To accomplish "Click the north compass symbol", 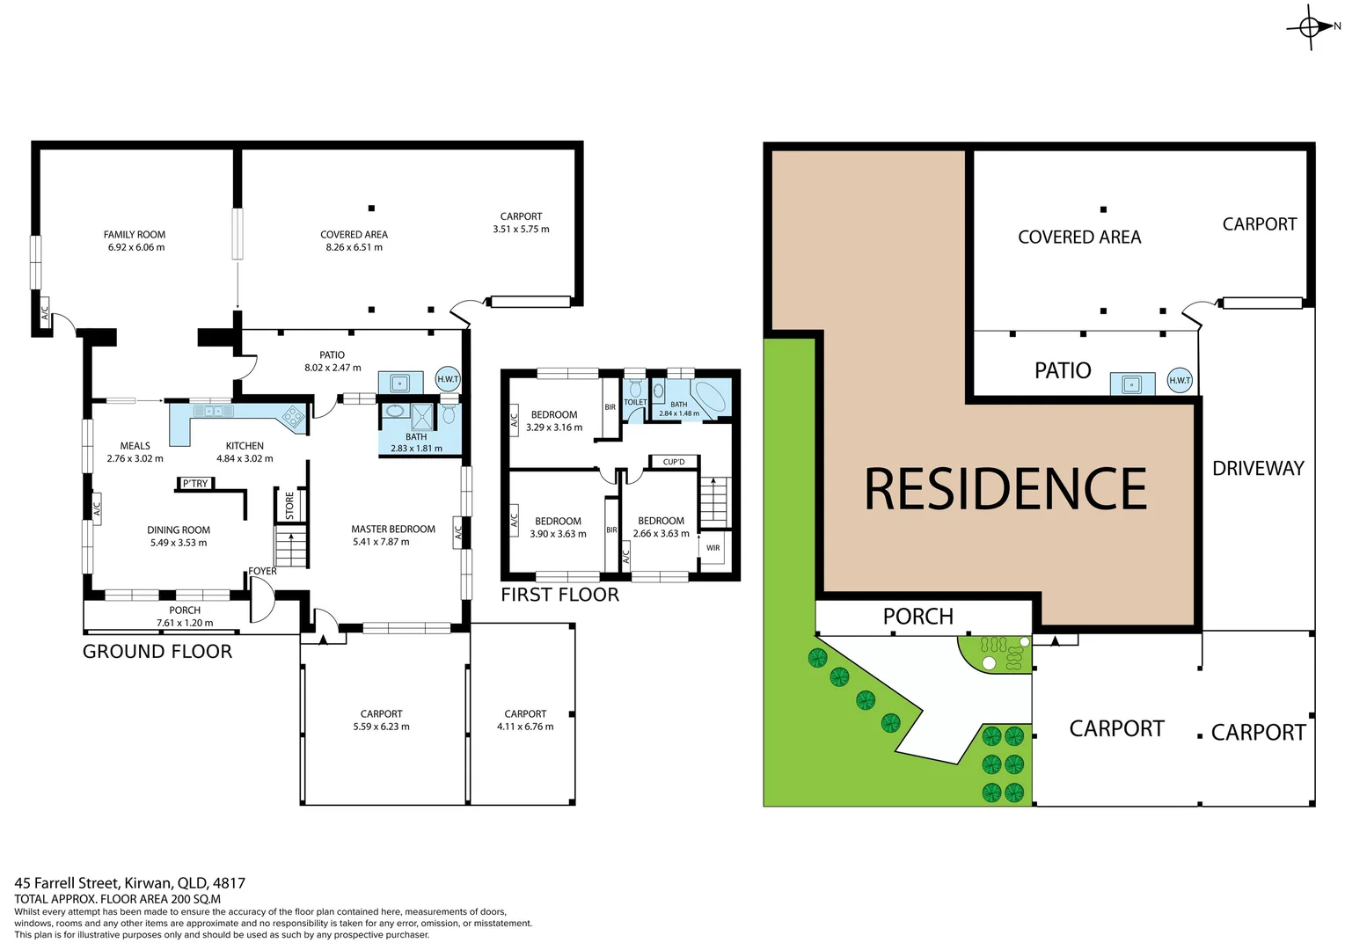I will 1310,27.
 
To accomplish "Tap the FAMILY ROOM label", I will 135,235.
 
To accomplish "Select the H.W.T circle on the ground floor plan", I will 448,379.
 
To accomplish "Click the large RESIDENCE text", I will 1005,489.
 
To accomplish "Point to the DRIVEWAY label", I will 1258,469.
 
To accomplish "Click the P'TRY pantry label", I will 195,484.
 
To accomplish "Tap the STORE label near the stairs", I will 289,505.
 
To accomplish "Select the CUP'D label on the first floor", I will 674,462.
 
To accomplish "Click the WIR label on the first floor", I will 713,548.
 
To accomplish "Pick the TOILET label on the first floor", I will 635,402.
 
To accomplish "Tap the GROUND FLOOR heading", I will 157,652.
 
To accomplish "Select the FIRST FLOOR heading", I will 559,596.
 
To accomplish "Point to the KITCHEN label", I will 245,446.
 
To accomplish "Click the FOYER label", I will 262,572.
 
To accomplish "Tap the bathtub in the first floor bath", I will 709,396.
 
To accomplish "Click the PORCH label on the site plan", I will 917,617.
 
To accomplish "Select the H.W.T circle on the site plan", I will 1179,381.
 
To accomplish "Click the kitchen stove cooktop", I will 293,416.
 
